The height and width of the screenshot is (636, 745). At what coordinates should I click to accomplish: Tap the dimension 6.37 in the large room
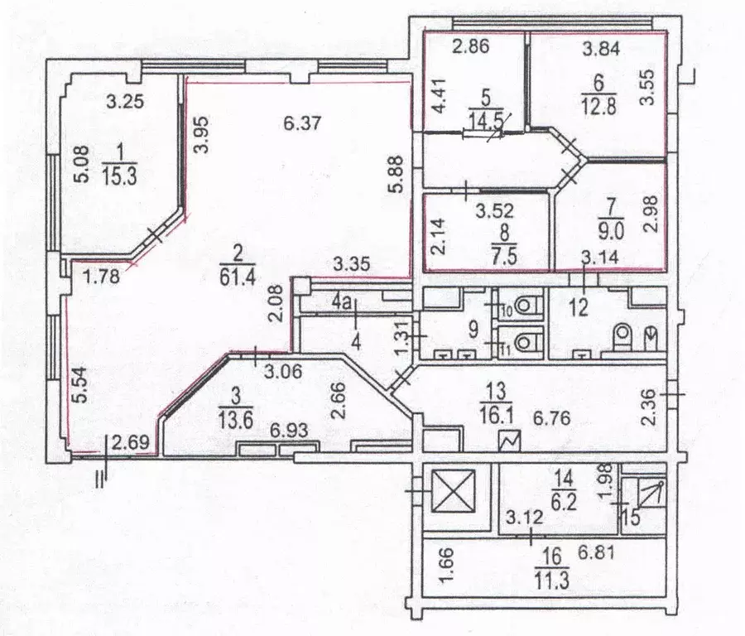click(302, 123)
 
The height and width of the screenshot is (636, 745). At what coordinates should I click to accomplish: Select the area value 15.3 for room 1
click(119, 176)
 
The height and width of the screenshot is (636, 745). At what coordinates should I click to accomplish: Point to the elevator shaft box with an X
click(454, 491)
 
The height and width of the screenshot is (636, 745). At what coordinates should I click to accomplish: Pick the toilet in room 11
click(523, 341)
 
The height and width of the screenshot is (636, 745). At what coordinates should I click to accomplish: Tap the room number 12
click(579, 307)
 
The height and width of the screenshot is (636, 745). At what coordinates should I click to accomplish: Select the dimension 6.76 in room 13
click(551, 419)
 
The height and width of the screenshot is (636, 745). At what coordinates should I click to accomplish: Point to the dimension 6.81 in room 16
click(596, 553)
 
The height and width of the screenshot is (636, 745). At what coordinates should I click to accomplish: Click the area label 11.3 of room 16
click(551, 581)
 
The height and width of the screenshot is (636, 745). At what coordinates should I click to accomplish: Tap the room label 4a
click(341, 303)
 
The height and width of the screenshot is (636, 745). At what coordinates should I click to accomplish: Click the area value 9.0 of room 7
click(611, 231)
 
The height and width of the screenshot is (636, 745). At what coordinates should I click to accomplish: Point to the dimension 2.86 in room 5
click(470, 46)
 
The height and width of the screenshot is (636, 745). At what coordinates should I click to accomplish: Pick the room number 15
click(631, 517)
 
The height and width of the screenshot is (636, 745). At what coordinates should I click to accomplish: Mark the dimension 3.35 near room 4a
click(352, 263)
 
